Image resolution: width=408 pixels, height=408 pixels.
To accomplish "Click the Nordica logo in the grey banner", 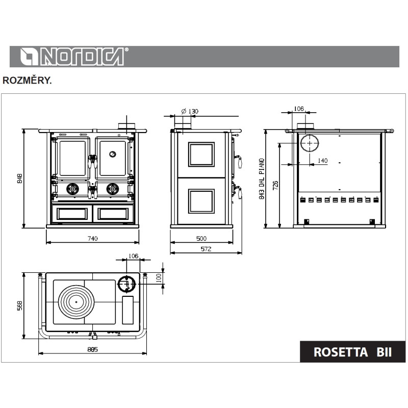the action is (x=74, y=56).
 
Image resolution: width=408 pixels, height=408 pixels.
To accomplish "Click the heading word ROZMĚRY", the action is (x=27, y=81).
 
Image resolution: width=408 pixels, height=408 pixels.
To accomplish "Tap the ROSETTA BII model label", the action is (x=352, y=352).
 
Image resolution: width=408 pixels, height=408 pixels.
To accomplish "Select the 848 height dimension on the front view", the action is (x=20, y=178).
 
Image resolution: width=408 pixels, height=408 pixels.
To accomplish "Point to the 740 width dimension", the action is (x=93, y=238).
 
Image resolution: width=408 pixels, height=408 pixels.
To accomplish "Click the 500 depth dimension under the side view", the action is (x=201, y=238).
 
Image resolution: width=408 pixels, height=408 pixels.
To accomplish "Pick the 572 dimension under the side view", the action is (x=206, y=249).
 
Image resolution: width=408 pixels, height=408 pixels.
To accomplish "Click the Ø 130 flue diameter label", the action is (x=190, y=111).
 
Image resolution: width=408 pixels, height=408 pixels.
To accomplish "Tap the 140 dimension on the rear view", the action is (x=323, y=161).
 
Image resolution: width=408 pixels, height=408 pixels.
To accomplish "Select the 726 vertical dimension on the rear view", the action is (x=275, y=185).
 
